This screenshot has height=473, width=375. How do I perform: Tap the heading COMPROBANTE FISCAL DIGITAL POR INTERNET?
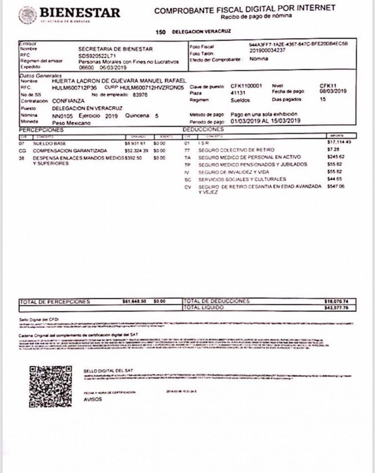245,9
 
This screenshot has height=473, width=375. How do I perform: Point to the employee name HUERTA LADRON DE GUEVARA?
118,80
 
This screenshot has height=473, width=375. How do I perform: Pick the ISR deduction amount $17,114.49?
339,142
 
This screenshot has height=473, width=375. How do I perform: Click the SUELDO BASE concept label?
49,144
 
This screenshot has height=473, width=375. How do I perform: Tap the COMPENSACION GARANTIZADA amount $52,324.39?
136,151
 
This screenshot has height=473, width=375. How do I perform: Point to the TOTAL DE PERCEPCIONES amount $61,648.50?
134,302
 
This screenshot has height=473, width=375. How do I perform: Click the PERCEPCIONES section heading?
41,130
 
